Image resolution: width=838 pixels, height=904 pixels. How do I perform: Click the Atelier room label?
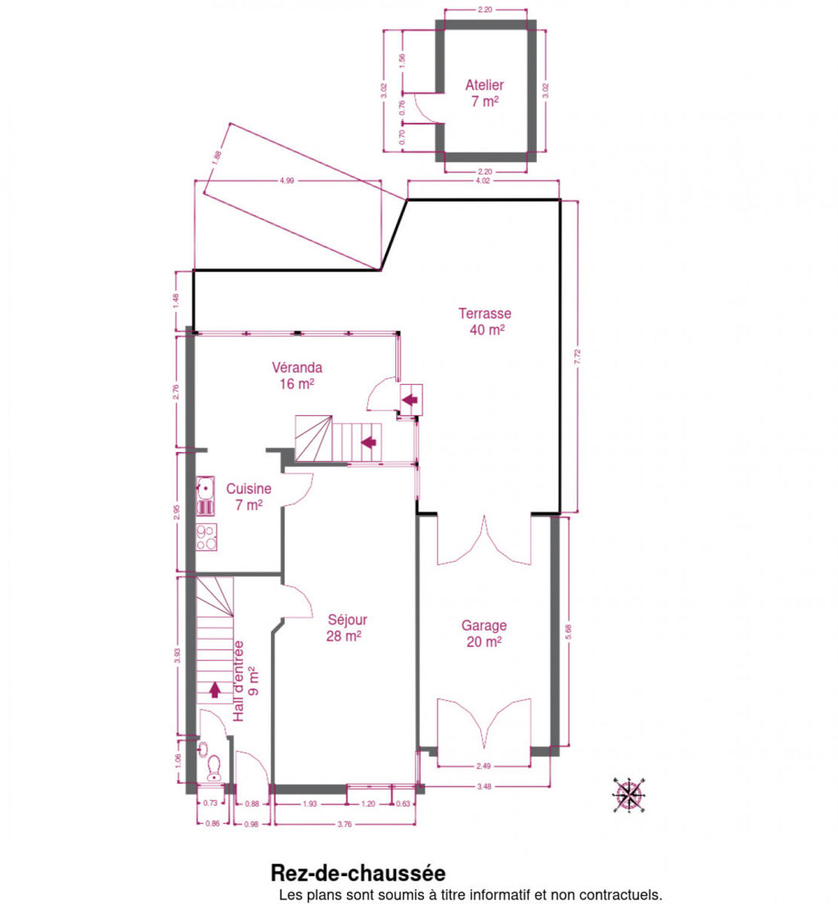485,93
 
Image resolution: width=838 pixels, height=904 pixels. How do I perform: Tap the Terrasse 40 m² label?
486,322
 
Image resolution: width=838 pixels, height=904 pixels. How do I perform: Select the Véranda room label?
297,375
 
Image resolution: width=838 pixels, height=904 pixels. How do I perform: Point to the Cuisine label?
249,496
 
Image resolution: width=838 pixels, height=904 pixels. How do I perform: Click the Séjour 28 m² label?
347,628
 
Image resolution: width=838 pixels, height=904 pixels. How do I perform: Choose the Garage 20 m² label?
484,633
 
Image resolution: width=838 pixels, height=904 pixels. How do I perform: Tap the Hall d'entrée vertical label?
245,681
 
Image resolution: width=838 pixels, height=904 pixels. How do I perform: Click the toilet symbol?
214,768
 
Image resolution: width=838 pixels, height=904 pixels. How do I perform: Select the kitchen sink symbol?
206,496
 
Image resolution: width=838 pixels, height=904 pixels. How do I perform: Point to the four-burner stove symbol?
206,537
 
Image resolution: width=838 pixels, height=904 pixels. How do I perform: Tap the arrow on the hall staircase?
215,690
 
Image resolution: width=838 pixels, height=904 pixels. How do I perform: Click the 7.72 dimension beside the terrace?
578,356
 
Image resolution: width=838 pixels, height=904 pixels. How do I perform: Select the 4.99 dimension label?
287,181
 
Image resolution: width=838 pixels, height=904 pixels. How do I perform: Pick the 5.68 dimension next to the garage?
568,632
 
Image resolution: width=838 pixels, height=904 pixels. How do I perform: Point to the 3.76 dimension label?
345,824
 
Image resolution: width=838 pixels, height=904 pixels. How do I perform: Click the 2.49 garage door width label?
483,766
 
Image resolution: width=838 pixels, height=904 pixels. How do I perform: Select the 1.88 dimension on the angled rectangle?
217,157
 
